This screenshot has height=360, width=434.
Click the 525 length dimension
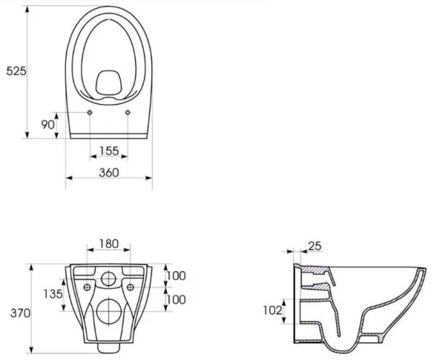pyautogui.click(x=15, y=71)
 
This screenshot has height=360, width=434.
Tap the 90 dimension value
pyautogui.click(x=48, y=125)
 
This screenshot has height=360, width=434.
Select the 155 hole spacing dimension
pyautogui.click(x=109, y=152)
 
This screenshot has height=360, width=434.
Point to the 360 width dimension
pyautogui.click(x=109, y=173)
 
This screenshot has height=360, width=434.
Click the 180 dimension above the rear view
pyautogui.click(x=109, y=244)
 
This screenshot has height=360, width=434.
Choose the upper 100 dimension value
pyautogui.click(x=176, y=275)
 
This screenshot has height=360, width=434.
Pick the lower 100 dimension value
pyautogui.click(x=176, y=299)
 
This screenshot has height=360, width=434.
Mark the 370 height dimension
pyautogui.click(x=15, y=313)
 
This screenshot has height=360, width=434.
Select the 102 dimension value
pyautogui.click(x=272, y=311)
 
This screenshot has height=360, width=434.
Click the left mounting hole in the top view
pyautogui.click(x=90, y=113)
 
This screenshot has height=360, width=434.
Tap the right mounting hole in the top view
pyautogui.click(x=128, y=113)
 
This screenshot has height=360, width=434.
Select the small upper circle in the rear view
pyautogui.click(x=109, y=278)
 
